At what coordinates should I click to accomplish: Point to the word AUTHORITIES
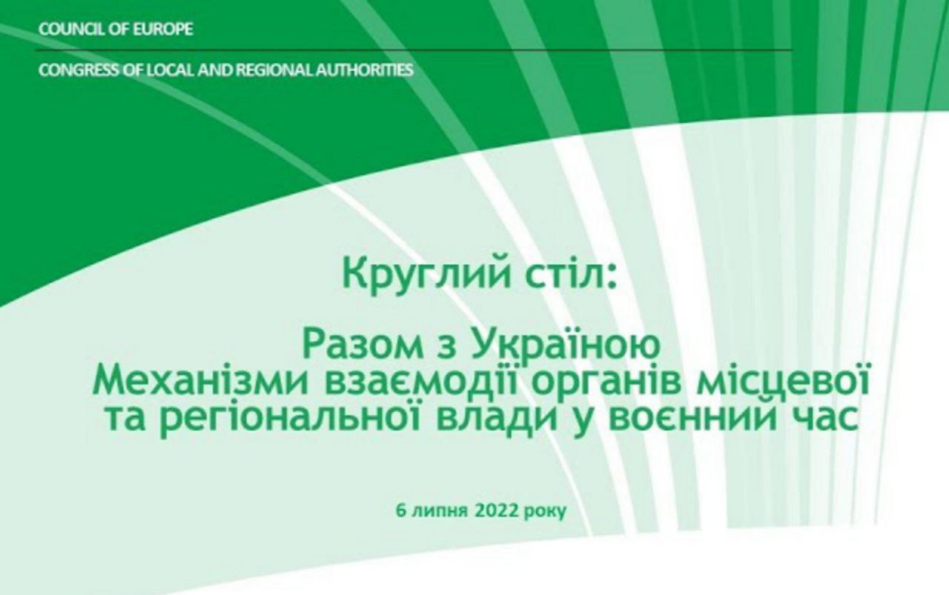coord(364,70)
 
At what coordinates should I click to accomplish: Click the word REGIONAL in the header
coord(274,70)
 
